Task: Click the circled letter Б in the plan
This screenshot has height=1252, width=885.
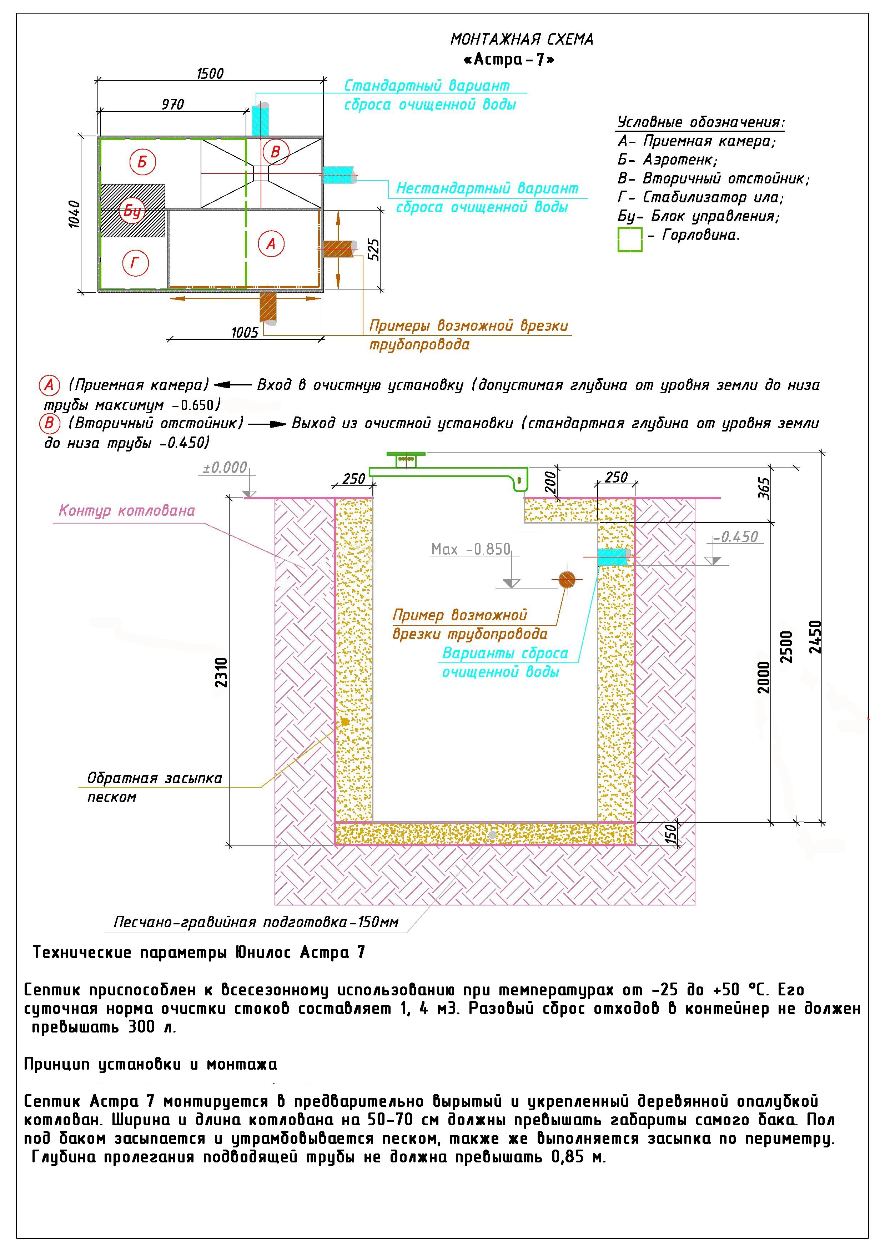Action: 142,162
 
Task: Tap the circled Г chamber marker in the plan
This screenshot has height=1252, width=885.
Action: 135,264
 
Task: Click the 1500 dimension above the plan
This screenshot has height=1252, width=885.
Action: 210,73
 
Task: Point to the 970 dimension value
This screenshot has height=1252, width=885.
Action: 173,104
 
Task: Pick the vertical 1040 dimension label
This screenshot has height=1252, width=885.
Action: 75,214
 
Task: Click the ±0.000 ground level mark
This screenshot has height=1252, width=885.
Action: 225,467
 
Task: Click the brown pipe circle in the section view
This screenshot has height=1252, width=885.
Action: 567,580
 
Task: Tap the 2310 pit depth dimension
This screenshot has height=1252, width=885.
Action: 221,672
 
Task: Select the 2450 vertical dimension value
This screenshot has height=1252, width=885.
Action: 815,636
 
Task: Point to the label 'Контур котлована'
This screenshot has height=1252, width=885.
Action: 126,511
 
